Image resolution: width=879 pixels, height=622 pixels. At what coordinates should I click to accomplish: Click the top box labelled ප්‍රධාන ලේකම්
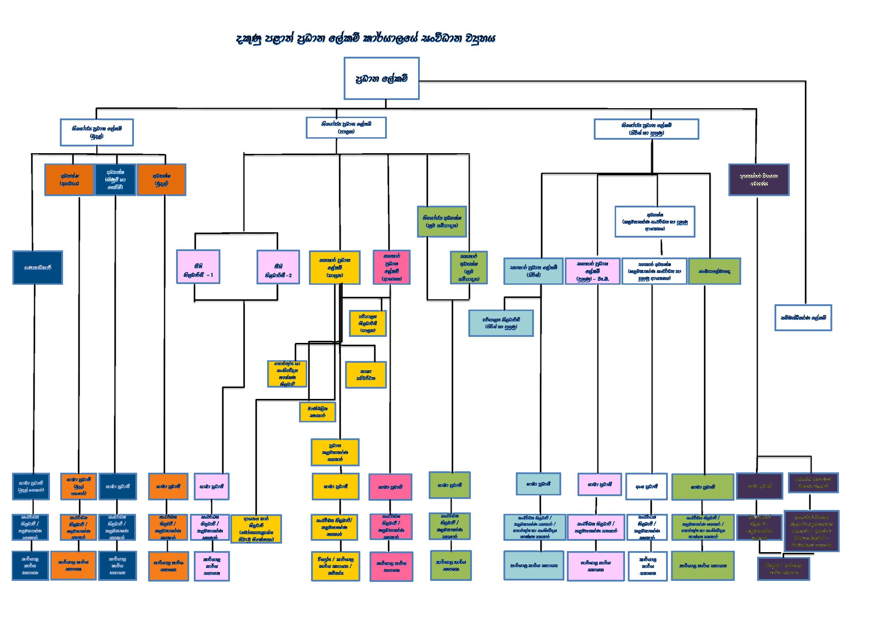(381, 79)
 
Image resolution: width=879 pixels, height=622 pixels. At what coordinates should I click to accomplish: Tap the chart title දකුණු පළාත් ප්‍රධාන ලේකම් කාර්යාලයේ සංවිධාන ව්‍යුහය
(366, 39)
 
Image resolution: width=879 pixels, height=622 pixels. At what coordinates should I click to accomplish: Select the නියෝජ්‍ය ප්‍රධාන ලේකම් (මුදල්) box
(97, 132)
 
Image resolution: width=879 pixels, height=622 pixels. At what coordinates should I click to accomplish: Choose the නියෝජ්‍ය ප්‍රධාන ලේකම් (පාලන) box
(346, 128)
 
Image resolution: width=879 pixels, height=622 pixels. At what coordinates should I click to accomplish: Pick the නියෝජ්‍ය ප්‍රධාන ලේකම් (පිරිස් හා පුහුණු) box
(646, 129)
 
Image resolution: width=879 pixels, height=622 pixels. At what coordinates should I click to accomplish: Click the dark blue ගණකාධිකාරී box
(38, 267)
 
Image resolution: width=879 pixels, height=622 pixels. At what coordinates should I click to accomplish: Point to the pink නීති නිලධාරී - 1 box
(198, 267)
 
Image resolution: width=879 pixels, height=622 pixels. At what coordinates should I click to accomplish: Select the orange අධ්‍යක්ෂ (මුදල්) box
(162, 180)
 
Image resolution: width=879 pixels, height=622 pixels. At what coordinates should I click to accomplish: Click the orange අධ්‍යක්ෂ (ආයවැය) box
(69, 180)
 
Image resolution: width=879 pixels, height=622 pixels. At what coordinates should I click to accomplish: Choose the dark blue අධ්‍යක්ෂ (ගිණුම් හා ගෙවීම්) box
(115, 180)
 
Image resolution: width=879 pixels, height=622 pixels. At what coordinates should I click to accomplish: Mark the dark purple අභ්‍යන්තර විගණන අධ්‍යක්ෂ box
(759, 180)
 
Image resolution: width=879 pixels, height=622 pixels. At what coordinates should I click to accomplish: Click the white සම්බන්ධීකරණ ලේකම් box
(803, 318)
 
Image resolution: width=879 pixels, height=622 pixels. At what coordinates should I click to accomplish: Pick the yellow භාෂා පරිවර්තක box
(366, 375)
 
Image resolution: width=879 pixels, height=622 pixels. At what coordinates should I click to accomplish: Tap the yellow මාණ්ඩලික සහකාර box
(317, 412)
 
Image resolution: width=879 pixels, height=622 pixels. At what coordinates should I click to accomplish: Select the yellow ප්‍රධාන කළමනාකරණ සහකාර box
(335, 452)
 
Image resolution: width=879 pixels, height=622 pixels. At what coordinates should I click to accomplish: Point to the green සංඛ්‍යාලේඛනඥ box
(714, 271)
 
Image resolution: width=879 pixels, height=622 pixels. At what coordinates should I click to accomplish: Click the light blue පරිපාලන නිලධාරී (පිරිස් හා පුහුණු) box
(501, 323)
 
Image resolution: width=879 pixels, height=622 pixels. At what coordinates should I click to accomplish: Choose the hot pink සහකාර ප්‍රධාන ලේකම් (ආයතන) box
(391, 267)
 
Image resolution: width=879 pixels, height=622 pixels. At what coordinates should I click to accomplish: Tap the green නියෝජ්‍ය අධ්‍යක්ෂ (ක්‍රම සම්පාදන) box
(442, 222)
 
